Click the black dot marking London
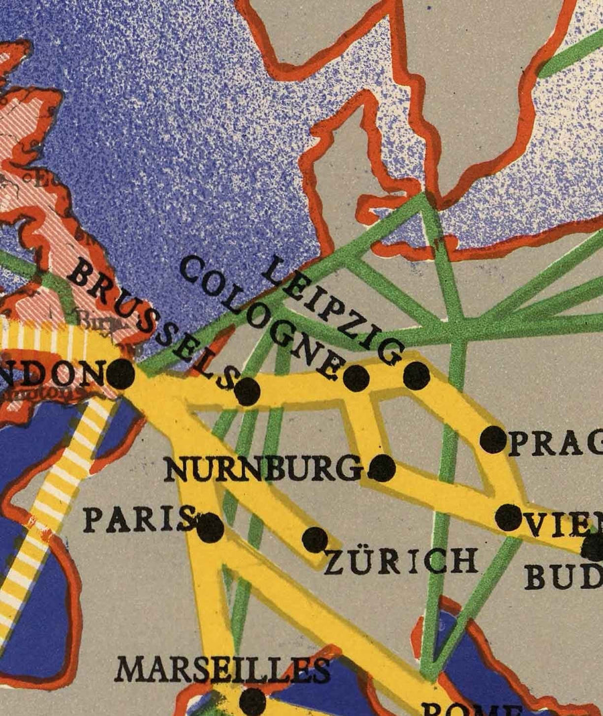tap(120, 374)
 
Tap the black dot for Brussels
tap(247, 391)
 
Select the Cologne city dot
tap(356, 378)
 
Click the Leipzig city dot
tap(416, 375)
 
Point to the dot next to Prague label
tap(494, 439)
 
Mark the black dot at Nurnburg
tap(382, 468)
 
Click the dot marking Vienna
tap(509, 517)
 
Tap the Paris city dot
tap(210, 528)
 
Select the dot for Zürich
tap(315, 539)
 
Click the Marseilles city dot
tap(252, 701)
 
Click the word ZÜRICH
tap(401, 561)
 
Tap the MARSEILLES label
tap(222, 668)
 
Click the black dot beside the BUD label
tap(592, 548)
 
